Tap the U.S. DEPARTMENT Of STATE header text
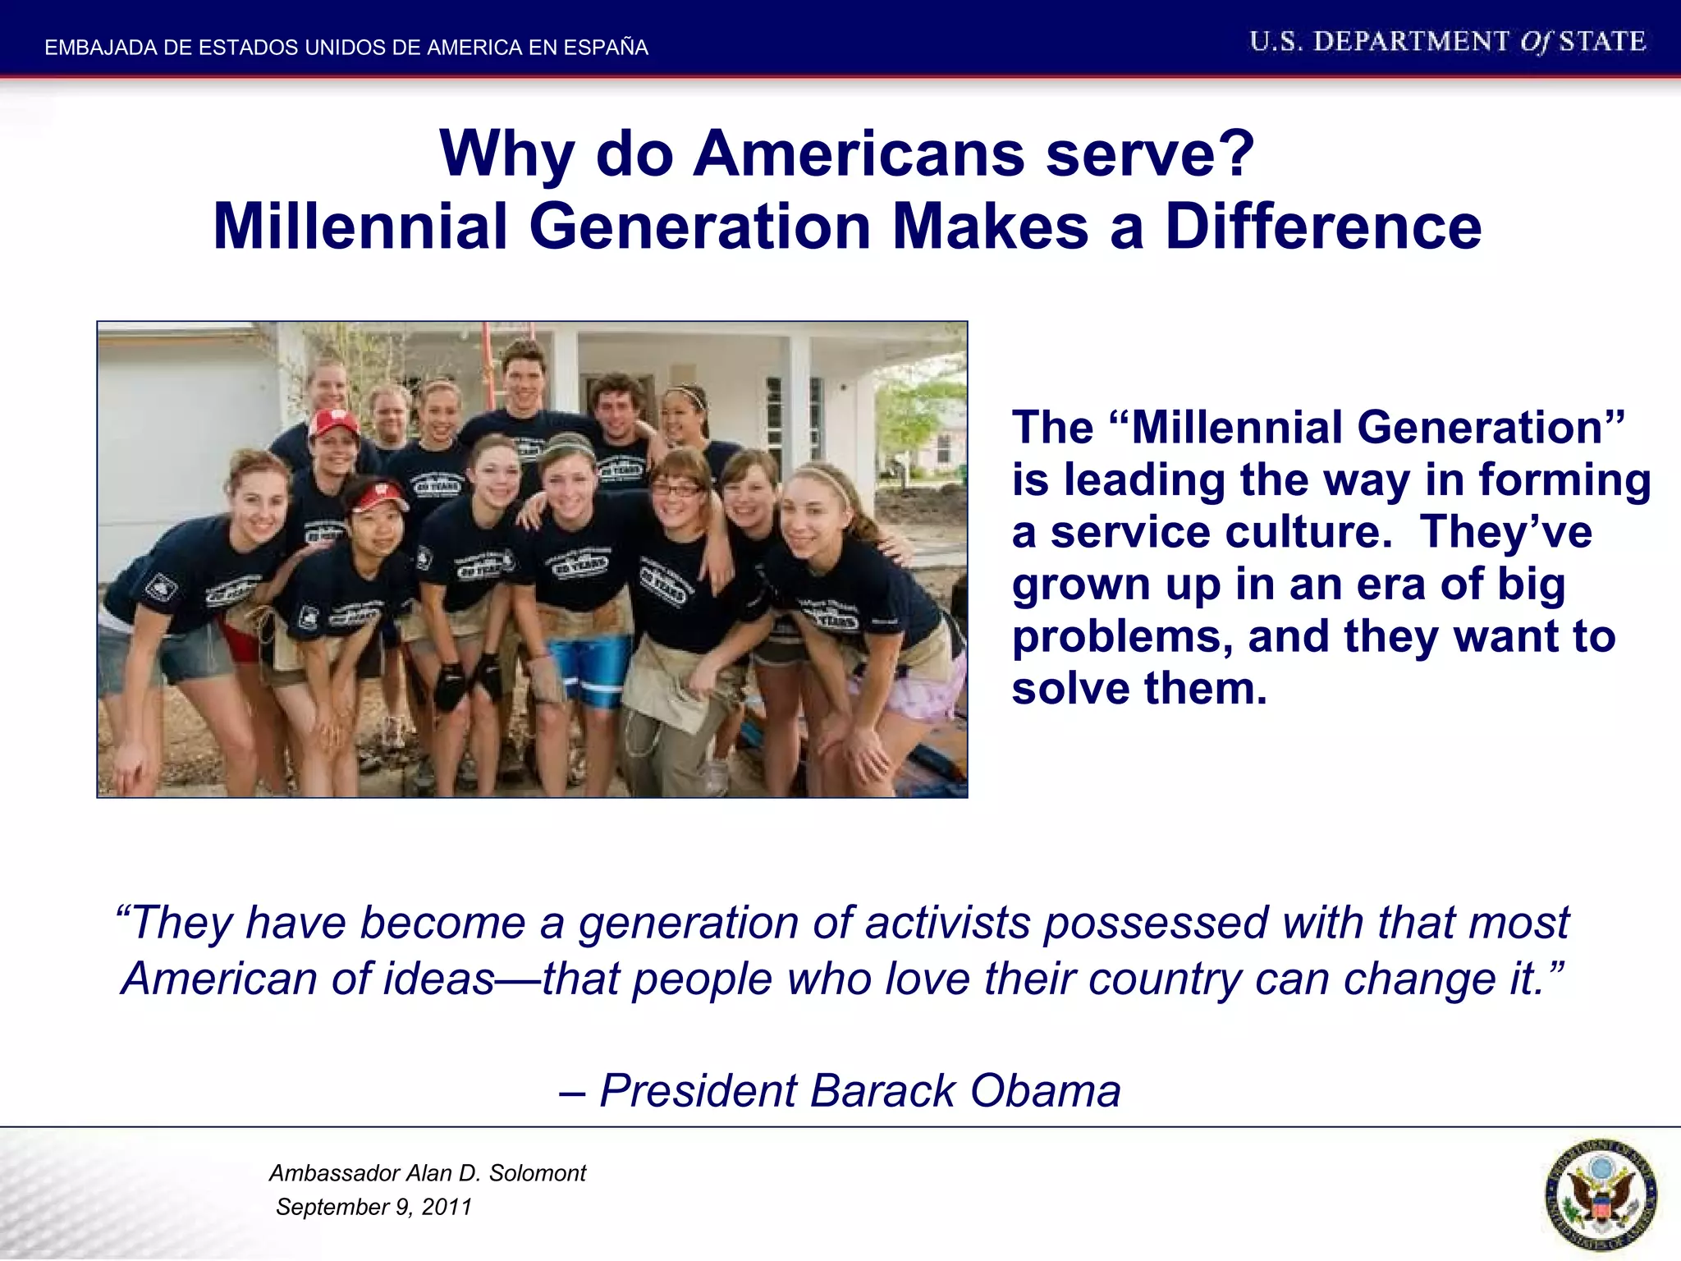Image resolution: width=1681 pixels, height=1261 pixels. click(x=1447, y=42)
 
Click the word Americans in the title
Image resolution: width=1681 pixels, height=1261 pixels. click(x=859, y=154)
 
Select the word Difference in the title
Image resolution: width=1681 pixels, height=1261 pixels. click(x=1323, y=227)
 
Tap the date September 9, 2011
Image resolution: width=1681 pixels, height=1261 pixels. click(x=373, y=1207)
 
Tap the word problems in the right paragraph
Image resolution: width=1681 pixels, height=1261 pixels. click(x=1121, y=636)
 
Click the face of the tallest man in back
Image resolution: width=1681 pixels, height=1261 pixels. click(x=523, y=378)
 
